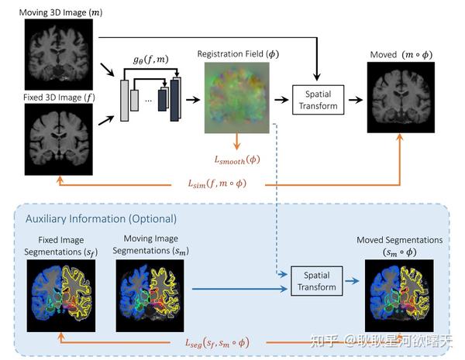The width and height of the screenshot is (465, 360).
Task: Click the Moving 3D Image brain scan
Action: pos(59,54)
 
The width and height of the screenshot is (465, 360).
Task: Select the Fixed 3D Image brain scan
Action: pos(59,139)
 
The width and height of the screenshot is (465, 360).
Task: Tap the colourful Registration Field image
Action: pos(237,98)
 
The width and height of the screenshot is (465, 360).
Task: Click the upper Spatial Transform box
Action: pos(319,100)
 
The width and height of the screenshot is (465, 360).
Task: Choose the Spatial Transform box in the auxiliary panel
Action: pos(317,281)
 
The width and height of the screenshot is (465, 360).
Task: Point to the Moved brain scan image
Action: pos(401,98)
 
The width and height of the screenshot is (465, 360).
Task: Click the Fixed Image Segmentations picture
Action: pos(61,296)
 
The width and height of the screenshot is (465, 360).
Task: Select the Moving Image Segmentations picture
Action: pos(150,296)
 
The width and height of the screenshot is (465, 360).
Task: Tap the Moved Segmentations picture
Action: pos(399,296)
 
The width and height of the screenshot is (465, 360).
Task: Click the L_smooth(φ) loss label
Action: pos(237,160)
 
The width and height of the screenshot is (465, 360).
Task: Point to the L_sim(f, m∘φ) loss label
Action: pos(217,183)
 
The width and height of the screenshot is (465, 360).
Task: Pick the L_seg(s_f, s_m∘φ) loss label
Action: pos(217,343)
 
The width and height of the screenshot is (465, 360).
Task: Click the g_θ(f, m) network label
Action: pos(151,60)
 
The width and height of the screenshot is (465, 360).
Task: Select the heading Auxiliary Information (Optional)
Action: pos(101,218)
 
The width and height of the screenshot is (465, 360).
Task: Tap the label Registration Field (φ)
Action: pos(238,54)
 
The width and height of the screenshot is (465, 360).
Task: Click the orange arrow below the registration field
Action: pos(236,142)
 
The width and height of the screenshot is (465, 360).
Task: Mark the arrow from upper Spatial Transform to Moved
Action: pos(356,100)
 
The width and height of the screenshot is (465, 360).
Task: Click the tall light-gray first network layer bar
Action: pos(125,101)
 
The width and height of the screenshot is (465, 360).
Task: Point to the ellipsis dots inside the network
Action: pos(148,101)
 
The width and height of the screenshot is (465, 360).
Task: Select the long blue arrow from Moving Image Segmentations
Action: pos(239,289)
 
